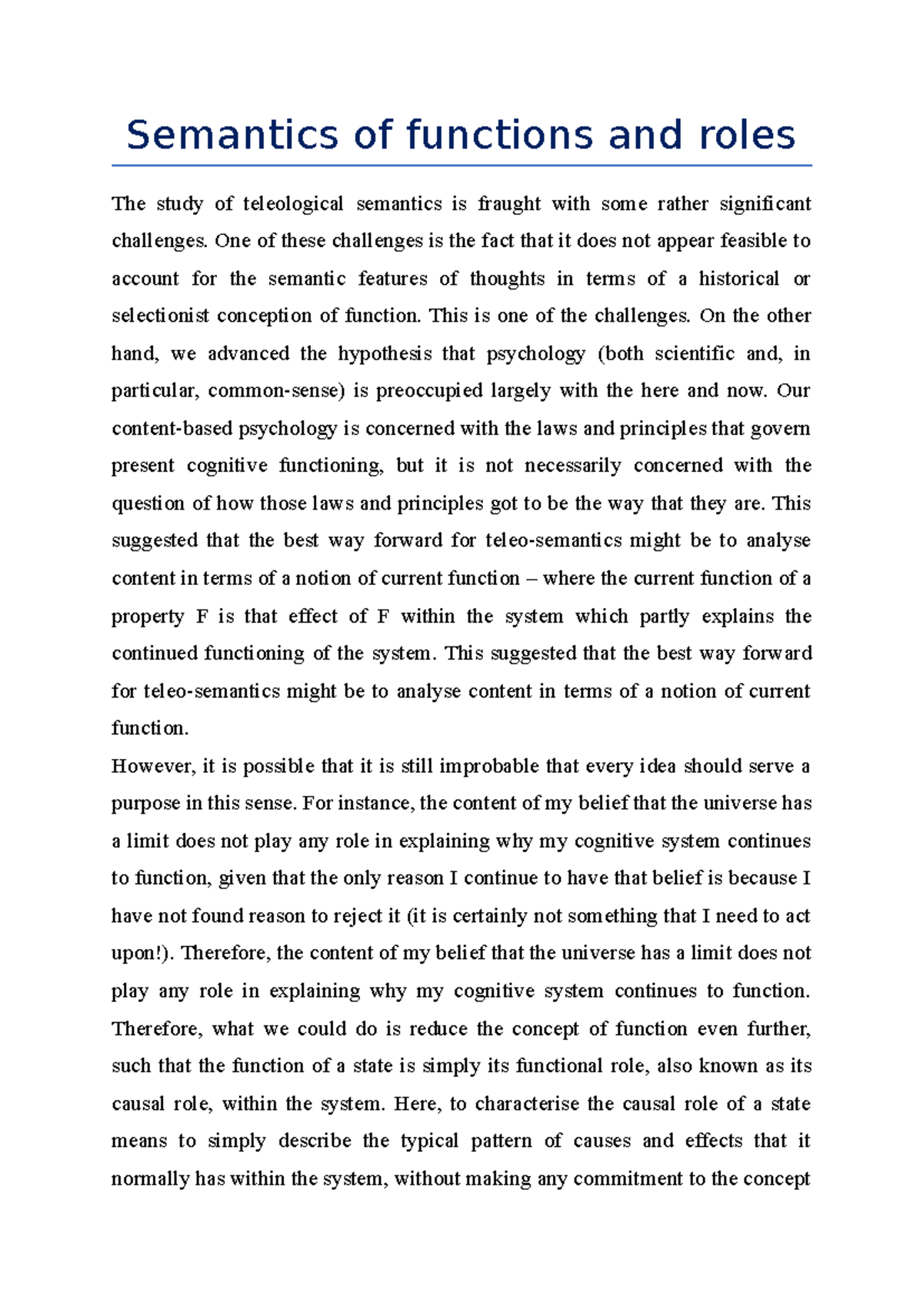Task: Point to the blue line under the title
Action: pyautogui.click(x=461, y=165)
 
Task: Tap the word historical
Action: pyautogui.click(x=738, y=279)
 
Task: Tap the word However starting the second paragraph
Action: pyautogui.click(x=152, y=767)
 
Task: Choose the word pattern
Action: pyautogui.click(x=501, y=1142)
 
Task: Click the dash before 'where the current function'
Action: pyautogui.click(x=531, y=579)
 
